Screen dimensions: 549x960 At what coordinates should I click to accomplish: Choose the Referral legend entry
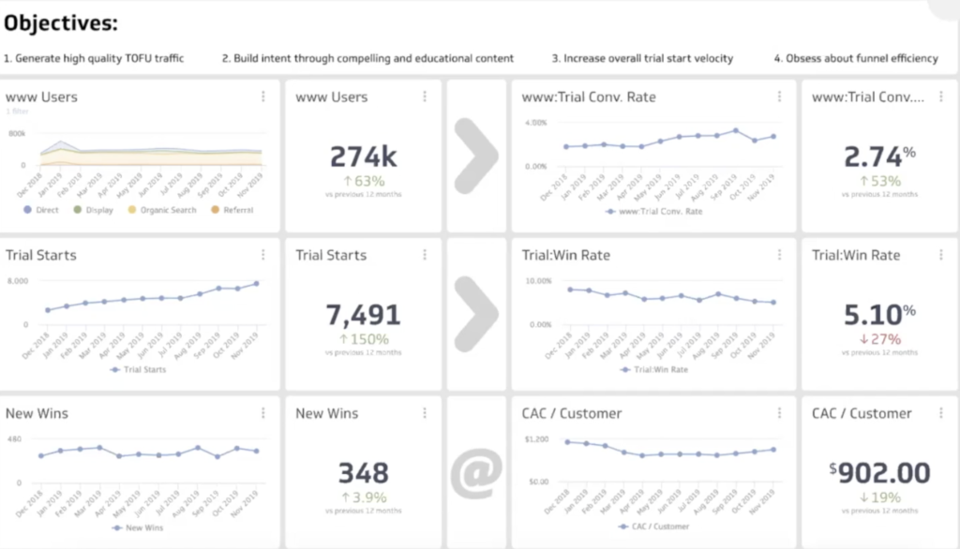235,210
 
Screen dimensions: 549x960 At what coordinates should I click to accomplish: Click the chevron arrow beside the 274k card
476,156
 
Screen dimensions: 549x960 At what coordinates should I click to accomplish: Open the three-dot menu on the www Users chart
263,96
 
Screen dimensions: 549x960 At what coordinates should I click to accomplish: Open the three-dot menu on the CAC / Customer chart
779,413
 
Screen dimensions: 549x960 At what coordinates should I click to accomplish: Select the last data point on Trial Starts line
256,283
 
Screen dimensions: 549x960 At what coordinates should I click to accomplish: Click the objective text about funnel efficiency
855,58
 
